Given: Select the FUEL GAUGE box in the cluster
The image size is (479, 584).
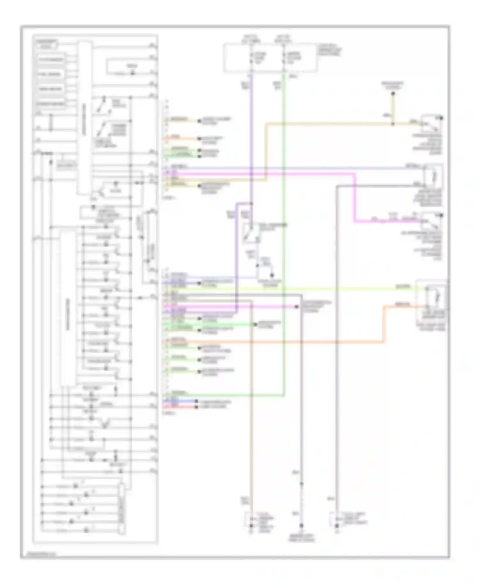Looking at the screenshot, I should tap(51, 74).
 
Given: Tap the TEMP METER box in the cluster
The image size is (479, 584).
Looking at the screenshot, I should tap(51, 89).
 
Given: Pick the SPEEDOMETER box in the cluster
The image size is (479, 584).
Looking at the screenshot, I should tap(51, 104).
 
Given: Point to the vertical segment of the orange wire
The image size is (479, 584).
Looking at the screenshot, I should tap(384, 324).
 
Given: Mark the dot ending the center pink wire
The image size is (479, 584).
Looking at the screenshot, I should tap(296, 307).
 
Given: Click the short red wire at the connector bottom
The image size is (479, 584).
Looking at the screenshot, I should tap(179, 407).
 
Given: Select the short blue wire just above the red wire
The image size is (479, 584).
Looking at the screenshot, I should tap(179, 401).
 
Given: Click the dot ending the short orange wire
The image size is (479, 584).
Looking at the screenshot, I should tap(199, 139).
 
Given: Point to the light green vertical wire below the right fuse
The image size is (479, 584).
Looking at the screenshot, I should tap(284, 224).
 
